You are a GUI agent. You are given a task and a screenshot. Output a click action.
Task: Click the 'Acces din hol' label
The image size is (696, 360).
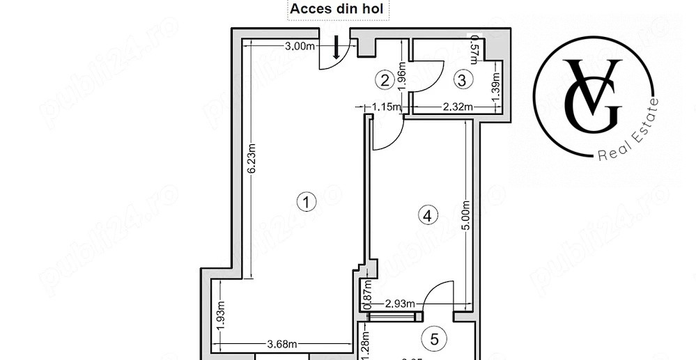(339, 9)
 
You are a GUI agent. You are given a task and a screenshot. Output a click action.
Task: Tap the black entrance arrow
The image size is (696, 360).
(337, 47)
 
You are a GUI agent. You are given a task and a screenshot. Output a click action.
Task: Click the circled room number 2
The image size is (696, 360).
(383, 79)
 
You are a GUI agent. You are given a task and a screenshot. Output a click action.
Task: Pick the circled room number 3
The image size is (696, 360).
(461, 79)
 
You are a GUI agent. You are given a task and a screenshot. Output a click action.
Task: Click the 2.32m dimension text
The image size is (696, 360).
(458, 107)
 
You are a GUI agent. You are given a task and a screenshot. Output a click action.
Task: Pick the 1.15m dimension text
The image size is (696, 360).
(387, 107)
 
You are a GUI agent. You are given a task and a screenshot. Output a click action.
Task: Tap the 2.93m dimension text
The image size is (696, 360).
(401, 304)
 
